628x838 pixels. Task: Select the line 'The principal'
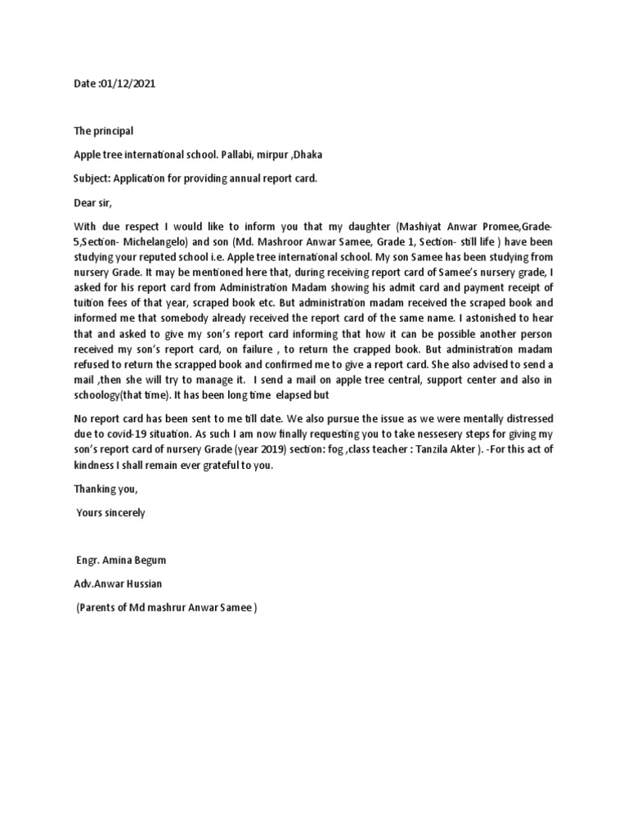point(103,131)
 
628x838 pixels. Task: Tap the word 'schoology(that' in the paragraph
point(108,395)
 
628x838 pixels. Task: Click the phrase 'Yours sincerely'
point(110,513)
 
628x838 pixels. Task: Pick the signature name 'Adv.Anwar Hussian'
point(118,584)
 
